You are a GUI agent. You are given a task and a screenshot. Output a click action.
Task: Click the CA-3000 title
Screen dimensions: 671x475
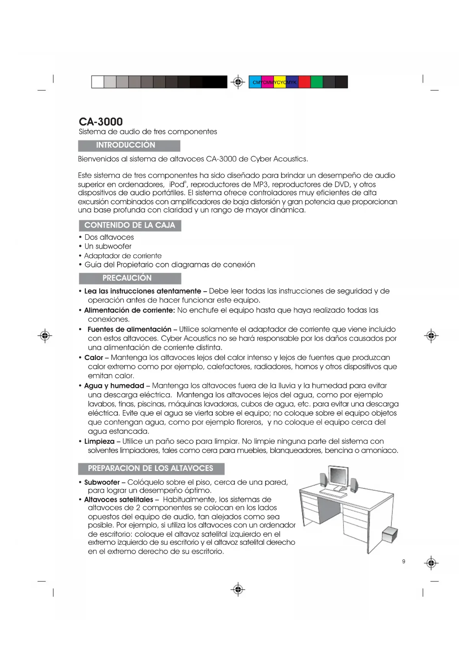tap(101, 122)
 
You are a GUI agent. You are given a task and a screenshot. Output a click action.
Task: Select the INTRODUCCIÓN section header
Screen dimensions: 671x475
tap(126, 145)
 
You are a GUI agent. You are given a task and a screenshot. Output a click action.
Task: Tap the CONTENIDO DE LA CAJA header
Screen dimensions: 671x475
tap(130, 225)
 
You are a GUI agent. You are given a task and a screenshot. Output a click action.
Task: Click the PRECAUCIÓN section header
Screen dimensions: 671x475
tap(127, 278)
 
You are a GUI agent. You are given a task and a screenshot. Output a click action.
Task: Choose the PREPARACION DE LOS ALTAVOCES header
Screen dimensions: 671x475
tap(150, 468)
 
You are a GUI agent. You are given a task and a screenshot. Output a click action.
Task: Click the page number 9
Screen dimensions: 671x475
tap(403, 561)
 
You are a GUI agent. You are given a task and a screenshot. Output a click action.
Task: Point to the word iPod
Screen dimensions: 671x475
tap(177, 184)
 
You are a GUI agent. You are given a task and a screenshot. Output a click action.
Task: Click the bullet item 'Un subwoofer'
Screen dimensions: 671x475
tap(108, 246)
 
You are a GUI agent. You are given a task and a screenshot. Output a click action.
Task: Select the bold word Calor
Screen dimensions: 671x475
tap(94, 358)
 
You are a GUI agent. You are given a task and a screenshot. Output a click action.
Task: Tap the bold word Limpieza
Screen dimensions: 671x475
tap(99, 441)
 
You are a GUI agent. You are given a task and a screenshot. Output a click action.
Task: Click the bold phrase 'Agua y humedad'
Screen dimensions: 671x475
tap(114, 386)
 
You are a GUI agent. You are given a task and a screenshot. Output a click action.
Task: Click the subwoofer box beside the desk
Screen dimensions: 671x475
tap(390, 534)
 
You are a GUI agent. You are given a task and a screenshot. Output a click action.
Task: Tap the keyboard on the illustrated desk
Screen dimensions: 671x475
tap(333, 493)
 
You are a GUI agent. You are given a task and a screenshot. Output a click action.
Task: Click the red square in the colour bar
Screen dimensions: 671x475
tap(304, 82)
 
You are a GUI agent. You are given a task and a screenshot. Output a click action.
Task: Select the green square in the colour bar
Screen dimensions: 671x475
tap(317, 82)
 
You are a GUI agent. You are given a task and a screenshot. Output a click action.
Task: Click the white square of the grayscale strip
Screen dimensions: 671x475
tap(98, 82)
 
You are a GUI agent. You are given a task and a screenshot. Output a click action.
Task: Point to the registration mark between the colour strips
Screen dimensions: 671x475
tap(238, 82)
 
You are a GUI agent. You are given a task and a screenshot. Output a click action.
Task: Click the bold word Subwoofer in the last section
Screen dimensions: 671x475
tap(102, 482)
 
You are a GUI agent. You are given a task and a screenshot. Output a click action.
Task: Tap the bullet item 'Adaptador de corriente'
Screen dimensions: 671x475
tap(123, 256)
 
